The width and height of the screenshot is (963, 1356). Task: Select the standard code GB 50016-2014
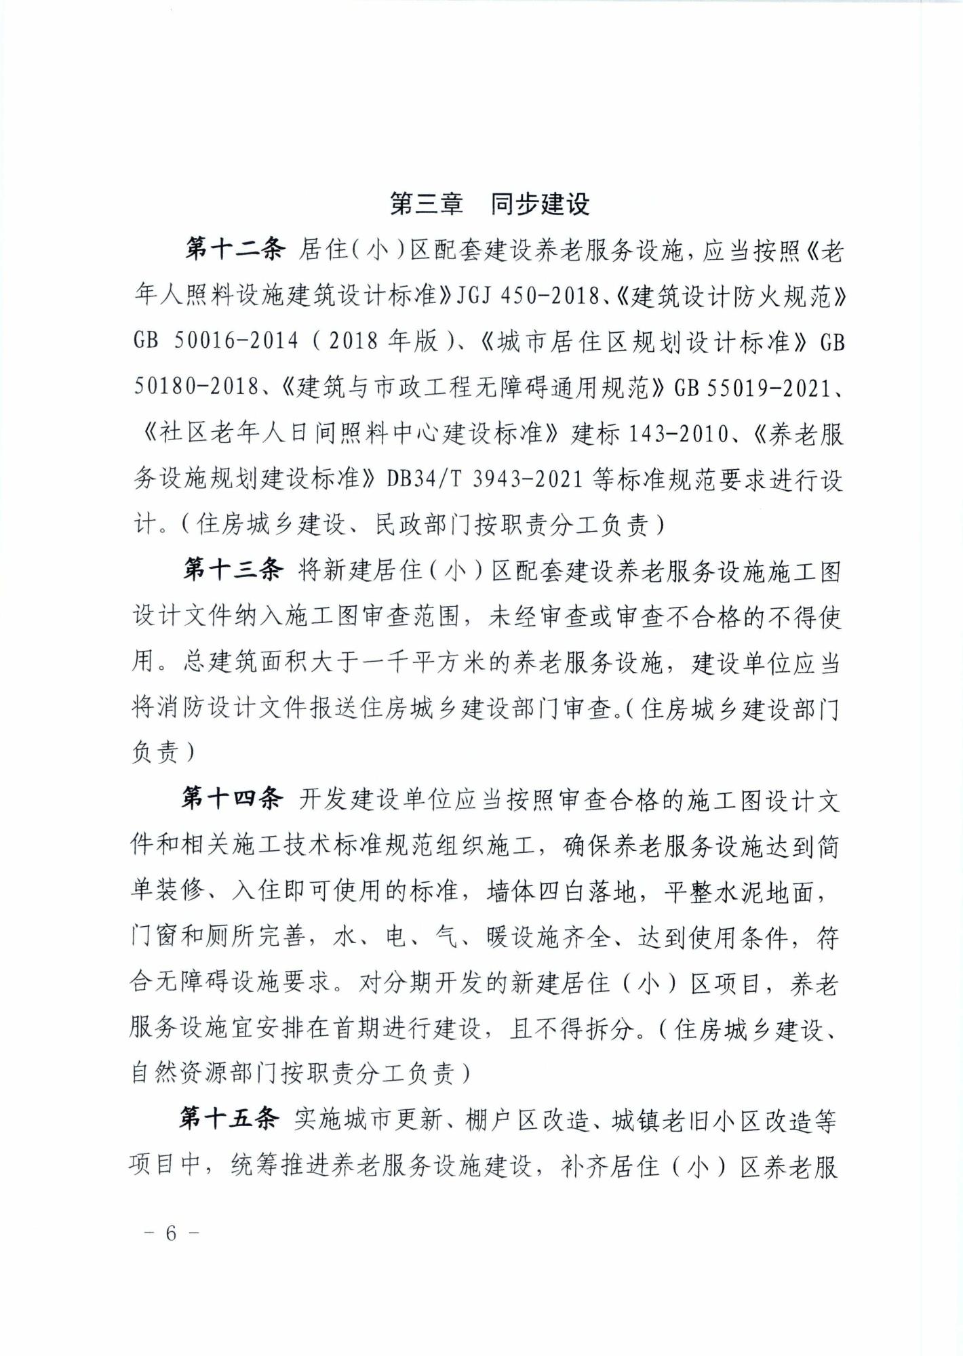[x=216, y=340]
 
